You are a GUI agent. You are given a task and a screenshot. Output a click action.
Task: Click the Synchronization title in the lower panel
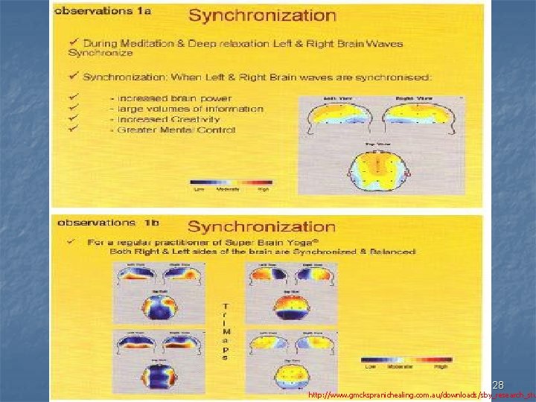point(261,226)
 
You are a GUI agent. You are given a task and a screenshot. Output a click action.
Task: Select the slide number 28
point(498,384)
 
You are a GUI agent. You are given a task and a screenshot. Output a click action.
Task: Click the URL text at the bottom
point(421,395)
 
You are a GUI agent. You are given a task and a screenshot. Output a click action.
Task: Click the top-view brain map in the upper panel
point(379,167)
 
